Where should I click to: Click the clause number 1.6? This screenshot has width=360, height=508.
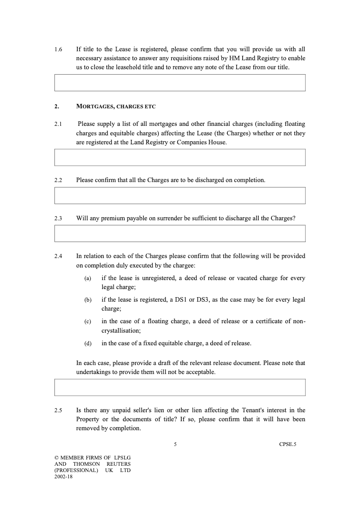pyautogui.click(x=58, y=49)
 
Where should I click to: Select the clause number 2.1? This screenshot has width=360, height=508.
pyautogui.click(x=58, y=124)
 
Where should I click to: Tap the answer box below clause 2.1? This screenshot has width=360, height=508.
pyautogui.click(x=180, y=157)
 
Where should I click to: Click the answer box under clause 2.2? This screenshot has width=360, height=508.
pyautogui.click(x=180, y=196)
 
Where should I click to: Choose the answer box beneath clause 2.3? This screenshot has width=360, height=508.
pyautogui.click(x=180, y=233)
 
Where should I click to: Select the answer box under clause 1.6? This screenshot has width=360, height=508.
pyautogui.click(x=180, y=83)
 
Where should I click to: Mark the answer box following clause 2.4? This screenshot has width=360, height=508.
pyautogui.click(x=180, y=387)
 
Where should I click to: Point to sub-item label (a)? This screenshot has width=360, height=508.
pyautogui.click(x=88, y=278)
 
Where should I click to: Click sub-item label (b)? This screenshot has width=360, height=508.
pyautogui.click(x=88, y=300)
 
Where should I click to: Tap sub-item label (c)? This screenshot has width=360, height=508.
pyautogui.click(x=88, y=321)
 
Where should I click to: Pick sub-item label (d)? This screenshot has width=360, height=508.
pyautogui.click(x=88, y=343)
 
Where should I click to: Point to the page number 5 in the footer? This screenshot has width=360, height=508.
pyautogui.click(x=175, y=445)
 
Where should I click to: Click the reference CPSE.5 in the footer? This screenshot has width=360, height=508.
pyautogui.click(x=288, y=445)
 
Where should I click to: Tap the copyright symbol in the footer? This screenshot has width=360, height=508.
pyautogui.click(x=56, y=458)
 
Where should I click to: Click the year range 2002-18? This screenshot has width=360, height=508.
pyautogui.click(x=63, y=477)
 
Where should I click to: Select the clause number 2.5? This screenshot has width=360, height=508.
pyautogui.click(x=58, y=410)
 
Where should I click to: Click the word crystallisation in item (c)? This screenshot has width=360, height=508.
pyautogui.click(x=121, y=330)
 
